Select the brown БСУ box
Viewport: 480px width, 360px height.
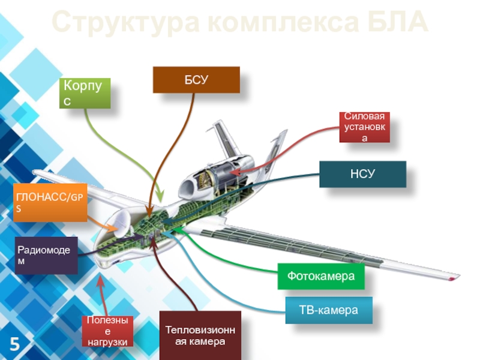click(196, 80)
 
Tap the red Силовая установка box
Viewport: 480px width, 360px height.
click(364, 127)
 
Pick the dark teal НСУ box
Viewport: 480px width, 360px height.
click(362, 174)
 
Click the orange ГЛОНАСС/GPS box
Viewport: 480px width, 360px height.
click(50, 203)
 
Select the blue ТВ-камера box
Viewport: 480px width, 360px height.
click(328, 310)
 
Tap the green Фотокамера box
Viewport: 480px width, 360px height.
click(321, 277)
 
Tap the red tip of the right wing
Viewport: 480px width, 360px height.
click(451, 277)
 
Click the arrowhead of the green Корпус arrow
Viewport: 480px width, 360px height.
click(160, 199)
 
